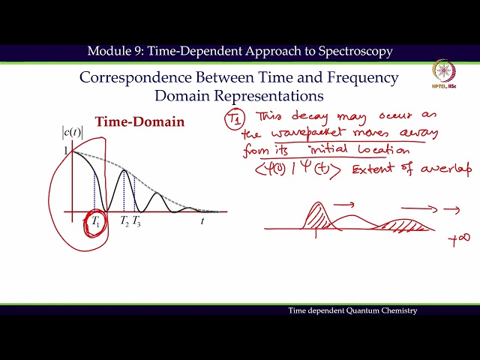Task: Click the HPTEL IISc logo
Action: pos(448,76)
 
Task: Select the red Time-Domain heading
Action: pos(139,121)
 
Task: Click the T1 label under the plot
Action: pos(95,222)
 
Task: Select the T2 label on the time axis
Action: pos(124,221)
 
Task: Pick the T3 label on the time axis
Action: pos(136,221)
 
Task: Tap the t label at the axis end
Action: pos(202,221)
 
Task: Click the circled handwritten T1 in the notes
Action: pos(235,119)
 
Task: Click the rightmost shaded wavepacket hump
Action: pos(406,223)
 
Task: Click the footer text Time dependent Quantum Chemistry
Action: pos(352,310)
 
